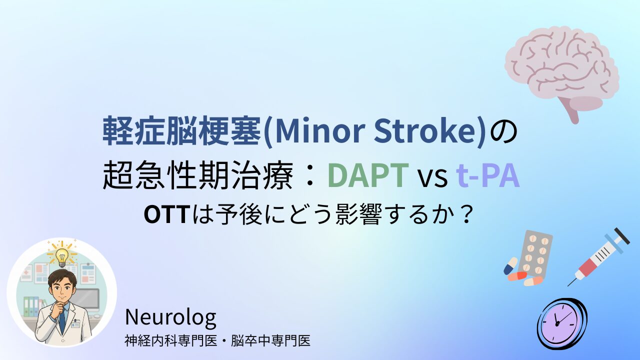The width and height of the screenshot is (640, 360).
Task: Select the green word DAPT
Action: pyautogui.click(x=368, y=175)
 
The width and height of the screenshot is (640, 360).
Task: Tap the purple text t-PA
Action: pyautogui.click(x=487, y=175)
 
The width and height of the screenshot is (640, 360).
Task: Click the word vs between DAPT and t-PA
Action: pyautogui.click(x=432, y=178)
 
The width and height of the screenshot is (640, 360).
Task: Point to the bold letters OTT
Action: pyautogui.click(x=167, y=215)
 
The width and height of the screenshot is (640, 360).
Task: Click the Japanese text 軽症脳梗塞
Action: pyautogui.click(x=181, y=131)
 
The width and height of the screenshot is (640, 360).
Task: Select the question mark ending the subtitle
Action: pyautogui.click(x=466, y=215)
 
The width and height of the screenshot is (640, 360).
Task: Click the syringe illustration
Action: pyautogui.click(x=598, y=257)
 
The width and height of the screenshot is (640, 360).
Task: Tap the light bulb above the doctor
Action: pyautogui.click(x=62, y=255)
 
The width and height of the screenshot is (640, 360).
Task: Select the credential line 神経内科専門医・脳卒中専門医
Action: pyautogui.click(x=217, y=341)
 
